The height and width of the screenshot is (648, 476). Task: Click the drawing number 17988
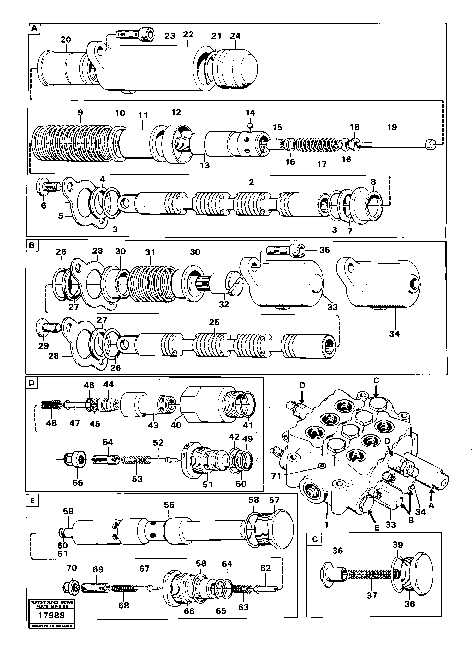(52, 615)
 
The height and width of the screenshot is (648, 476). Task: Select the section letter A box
(34, 28)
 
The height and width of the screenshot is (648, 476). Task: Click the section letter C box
(315, 539)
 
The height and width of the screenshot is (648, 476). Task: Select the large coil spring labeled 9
(72, 144)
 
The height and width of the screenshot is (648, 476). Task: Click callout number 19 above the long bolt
(392, 127)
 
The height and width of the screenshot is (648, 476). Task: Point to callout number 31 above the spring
(150, 252)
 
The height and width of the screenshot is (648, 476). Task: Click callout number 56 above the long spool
(169, 505)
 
